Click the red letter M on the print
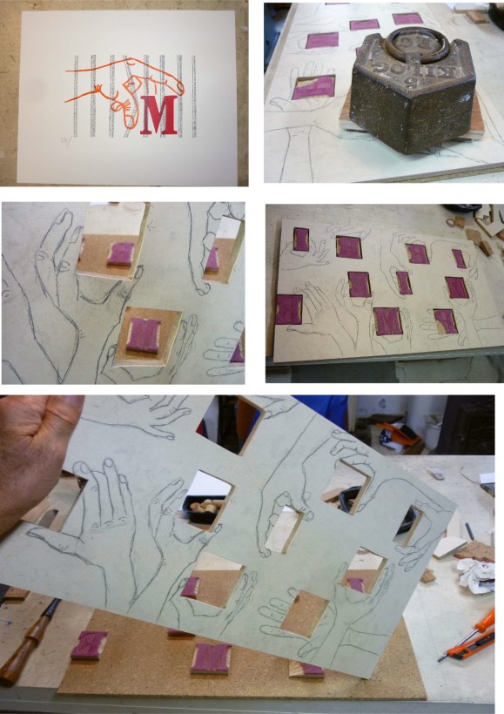[158, 117]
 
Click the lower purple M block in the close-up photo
[144, 335]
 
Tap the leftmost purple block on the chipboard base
[90, 645]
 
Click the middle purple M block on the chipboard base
[211, 657]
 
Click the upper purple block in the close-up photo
[120, 253]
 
